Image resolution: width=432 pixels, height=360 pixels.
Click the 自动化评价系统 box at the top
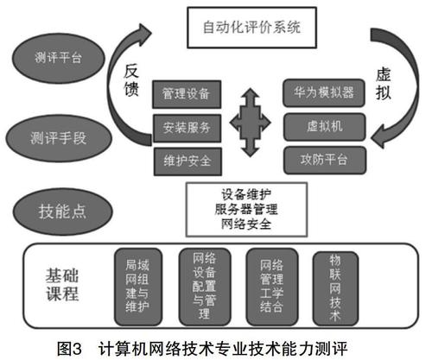[252, 28]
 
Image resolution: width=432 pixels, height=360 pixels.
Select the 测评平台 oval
[59, 58]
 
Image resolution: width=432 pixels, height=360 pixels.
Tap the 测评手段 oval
[59, 138]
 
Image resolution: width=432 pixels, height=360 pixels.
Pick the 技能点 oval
[62, 212]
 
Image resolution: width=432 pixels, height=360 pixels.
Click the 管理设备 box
[187, 94]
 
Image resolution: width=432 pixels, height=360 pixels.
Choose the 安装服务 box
[187, 128]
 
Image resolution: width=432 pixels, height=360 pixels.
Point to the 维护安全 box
[187, 161]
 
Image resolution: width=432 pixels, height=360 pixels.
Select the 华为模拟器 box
[324, 92]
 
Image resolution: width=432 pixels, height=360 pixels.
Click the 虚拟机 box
[325, 126]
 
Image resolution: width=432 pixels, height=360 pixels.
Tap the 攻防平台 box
[325, 160]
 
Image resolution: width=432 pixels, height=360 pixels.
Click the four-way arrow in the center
[250, 123]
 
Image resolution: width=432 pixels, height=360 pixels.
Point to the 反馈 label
[131, 80]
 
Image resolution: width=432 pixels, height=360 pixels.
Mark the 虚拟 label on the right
[384, 84]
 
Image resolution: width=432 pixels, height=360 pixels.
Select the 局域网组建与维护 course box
[138, 287]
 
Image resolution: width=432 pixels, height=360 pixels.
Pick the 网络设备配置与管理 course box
[205, 287]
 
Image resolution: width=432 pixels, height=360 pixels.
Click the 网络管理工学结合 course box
[272, 287]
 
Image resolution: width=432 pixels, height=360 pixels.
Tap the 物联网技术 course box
[335, 288]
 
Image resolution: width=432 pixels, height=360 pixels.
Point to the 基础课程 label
[62, 285]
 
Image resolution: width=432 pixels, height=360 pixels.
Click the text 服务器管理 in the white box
[246, 209]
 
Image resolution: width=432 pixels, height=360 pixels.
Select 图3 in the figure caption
[69, 349]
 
